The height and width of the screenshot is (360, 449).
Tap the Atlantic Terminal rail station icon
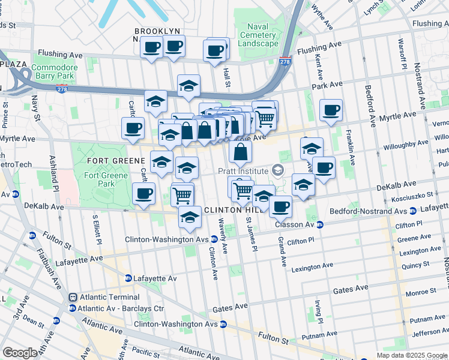coord(73,297)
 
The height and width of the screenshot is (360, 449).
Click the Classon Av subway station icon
coord(320,224)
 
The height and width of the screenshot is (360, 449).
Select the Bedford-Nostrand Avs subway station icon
coord(412,211)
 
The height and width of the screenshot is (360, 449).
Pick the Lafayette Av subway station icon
coord(128,278)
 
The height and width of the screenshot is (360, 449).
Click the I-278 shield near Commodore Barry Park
coord(61,89)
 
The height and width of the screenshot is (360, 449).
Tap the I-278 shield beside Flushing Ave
coord(285,61)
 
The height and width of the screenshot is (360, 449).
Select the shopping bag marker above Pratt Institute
coord(240,152)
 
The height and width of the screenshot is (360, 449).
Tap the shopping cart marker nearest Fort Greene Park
coord(182,194)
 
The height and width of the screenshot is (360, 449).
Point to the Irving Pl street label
coord(319,312)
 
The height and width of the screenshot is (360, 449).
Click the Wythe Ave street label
coord(322,20)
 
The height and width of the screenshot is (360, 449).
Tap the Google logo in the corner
coord(20,353)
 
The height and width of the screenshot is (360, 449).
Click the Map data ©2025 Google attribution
coord(412,355)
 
